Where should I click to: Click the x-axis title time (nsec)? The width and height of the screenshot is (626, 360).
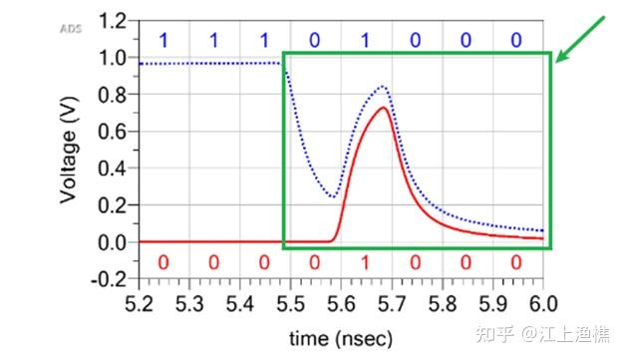[x=340, y=337]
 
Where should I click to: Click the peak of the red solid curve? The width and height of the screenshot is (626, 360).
[x=384, y=108]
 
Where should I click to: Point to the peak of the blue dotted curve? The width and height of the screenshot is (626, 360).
[x=383, y=88]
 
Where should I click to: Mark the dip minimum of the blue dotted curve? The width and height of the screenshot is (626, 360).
[x=333, y=196]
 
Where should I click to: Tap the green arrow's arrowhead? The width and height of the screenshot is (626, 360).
[x=560, y=58]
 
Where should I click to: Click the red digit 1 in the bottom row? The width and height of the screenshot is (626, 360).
[x=365, y=262]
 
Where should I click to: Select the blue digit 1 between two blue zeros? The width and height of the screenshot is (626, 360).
[x=365, y=41]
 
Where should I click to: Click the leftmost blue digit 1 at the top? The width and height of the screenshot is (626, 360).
[x=163, y=41]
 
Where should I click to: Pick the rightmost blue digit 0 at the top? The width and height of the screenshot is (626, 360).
[x=515, y=41]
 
